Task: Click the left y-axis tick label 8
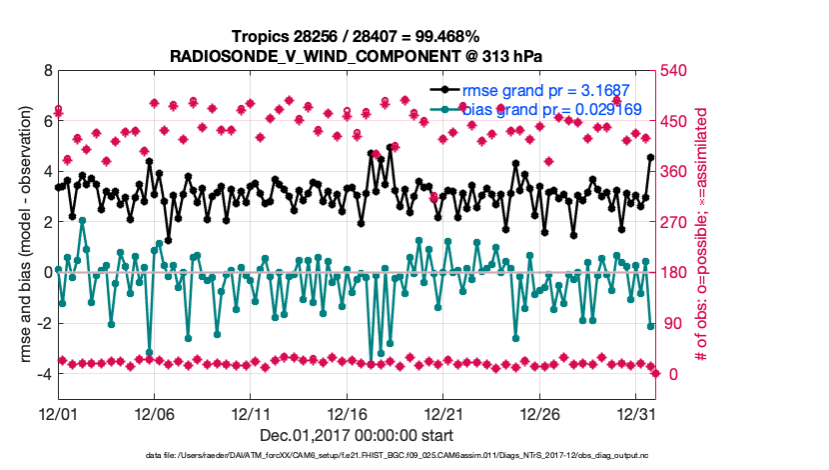point(47,71)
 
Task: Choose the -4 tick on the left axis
point(43,373)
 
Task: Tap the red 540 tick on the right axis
point(677,71)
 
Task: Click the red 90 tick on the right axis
point(673,323)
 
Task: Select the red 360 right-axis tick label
point(677,172)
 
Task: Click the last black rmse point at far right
point(650,157)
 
